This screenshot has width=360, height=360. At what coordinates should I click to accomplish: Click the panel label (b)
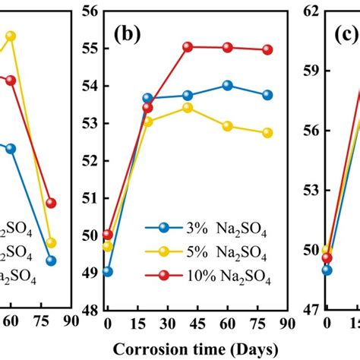point(127,35)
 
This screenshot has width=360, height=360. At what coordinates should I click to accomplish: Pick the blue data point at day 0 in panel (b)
point(107,271)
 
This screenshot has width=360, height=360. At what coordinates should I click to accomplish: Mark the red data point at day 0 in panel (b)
point(107,235)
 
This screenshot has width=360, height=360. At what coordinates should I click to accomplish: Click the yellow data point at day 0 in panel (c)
point(327,251)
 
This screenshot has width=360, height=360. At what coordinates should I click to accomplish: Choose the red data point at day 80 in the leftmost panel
point(52,203)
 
